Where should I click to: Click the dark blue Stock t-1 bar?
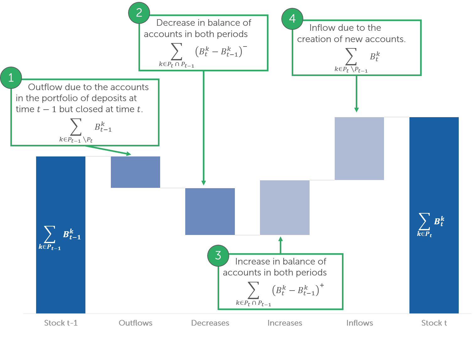pyautogui.click(x=61, y=195)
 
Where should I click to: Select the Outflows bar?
pyautogui.click(x=135, y=172)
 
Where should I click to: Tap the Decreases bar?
pyautogui.click(x=210, y=211)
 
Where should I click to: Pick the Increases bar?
pyautogui.click(x=284, y=207)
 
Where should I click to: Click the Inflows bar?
pyautogui.click(x=359, y=148)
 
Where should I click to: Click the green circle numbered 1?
pyautogui.click(x=11, y=78)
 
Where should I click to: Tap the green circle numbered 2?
pyautogui.click(x=139, y=13)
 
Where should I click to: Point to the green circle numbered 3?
pyautogui.click(x=218, y=255)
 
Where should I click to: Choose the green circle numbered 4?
pyautogui.click(x=292, y=19)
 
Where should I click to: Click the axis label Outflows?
pyautogui.click(x=135, y=323)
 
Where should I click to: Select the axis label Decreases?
pyautogui.click(x=210, y=323)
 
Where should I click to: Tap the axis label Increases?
pyautogui.click(x=285, y=323)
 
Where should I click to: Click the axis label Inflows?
pyautogui.click(x=360, y=323)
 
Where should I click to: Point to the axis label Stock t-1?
pyautogui.click(x=61, y=323)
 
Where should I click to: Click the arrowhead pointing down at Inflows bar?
pyautogui.click(x=356, y=110)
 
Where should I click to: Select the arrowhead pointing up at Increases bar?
pyautogui.click(x=280, y=239)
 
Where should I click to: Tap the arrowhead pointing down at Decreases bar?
pyautogui.click(x=203, y=183)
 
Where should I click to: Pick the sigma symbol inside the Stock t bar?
pyautogui.click(x=424, y=221)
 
